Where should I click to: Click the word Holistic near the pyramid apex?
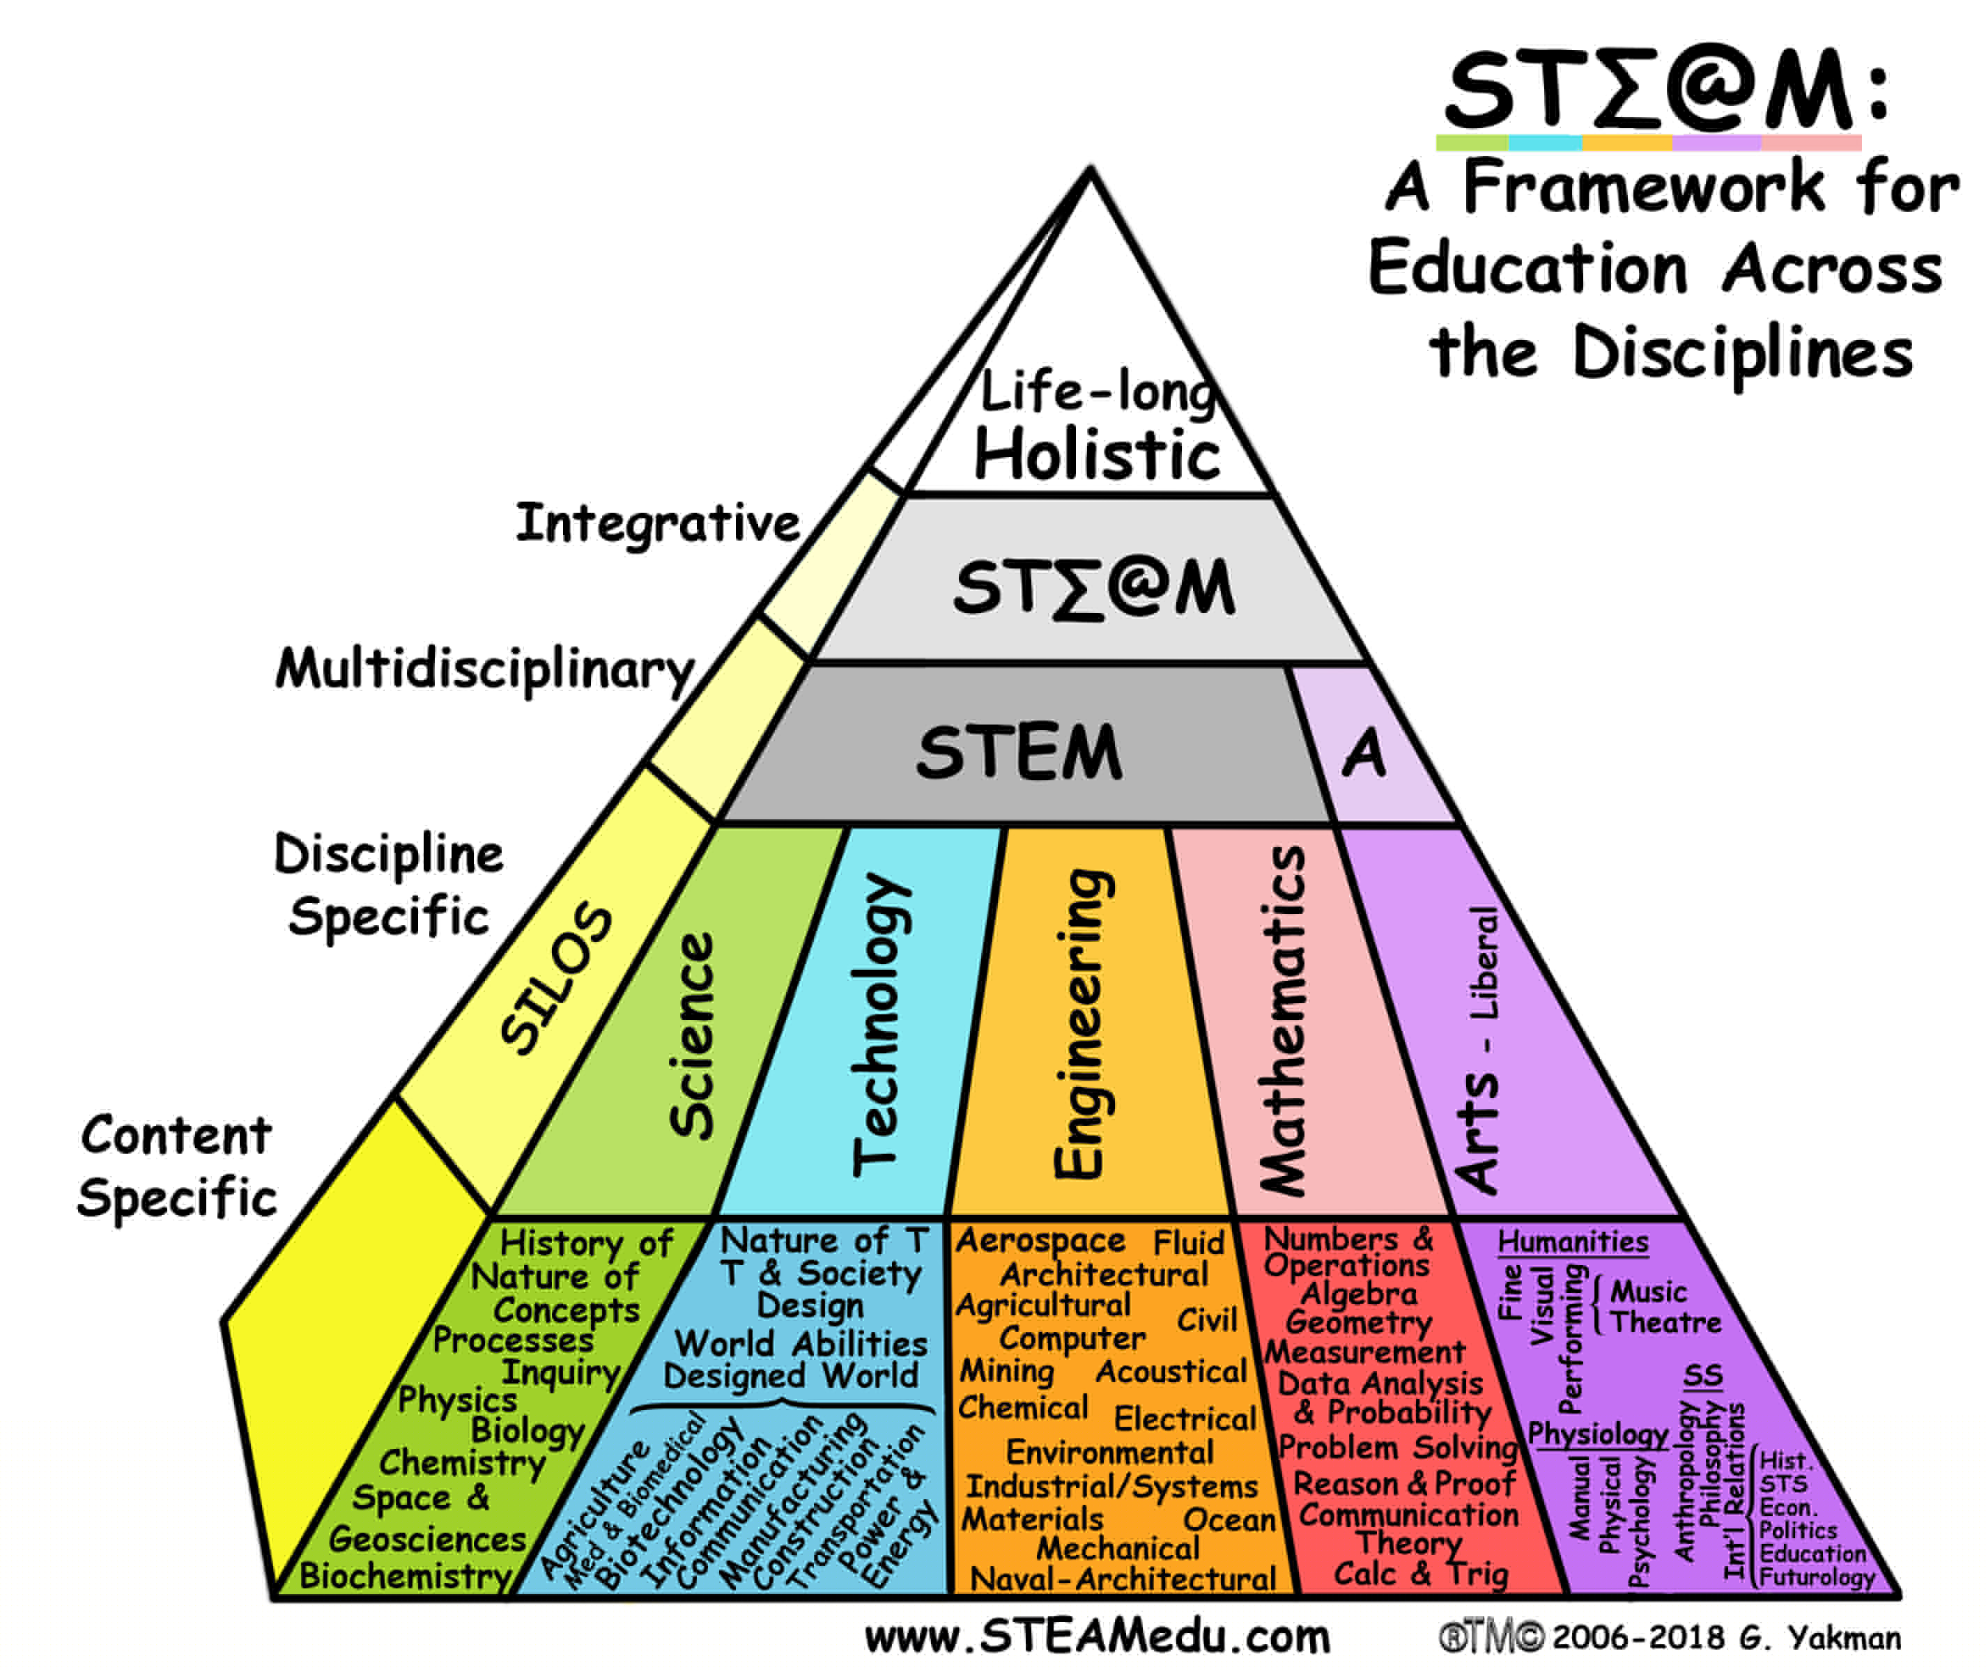pos(1097,454)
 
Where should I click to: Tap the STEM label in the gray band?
pos(1019,752)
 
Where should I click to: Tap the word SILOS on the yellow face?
pos(557,978)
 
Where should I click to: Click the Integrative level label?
pos(658,522)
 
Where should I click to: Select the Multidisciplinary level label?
pos(486,669)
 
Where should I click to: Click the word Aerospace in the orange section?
pos(1040,1241)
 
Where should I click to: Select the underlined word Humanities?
pos(1573,1241)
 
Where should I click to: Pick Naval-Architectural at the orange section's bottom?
pos(1123,1579)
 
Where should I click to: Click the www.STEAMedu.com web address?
pos(1098,1637)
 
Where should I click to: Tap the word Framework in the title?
pos(1643,187)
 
